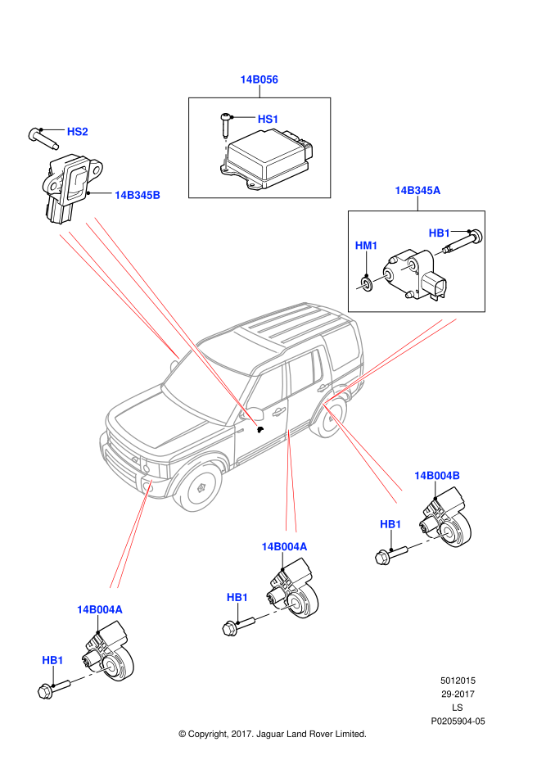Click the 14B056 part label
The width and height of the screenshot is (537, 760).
coord(259,79)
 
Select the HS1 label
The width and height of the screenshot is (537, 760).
coord(268,119)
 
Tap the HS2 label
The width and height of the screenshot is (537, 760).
coord(77,132)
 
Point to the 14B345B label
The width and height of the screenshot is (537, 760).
coord(138,195)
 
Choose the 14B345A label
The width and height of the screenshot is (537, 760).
coord(417,191)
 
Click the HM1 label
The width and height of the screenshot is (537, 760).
coord(366,246)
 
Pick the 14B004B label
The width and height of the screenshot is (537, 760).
coord(437,476)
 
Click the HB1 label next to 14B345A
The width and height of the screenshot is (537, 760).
coord(440,233)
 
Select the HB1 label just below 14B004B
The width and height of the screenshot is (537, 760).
coord(390,524)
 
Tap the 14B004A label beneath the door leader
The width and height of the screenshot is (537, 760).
coord(284,546)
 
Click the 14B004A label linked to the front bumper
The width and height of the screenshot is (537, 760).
coord(100,609)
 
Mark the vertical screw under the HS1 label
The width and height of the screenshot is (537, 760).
coord(226,155)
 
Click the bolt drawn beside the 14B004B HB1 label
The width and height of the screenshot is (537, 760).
coord(429,541)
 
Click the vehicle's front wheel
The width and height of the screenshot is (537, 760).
coord(199,487)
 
